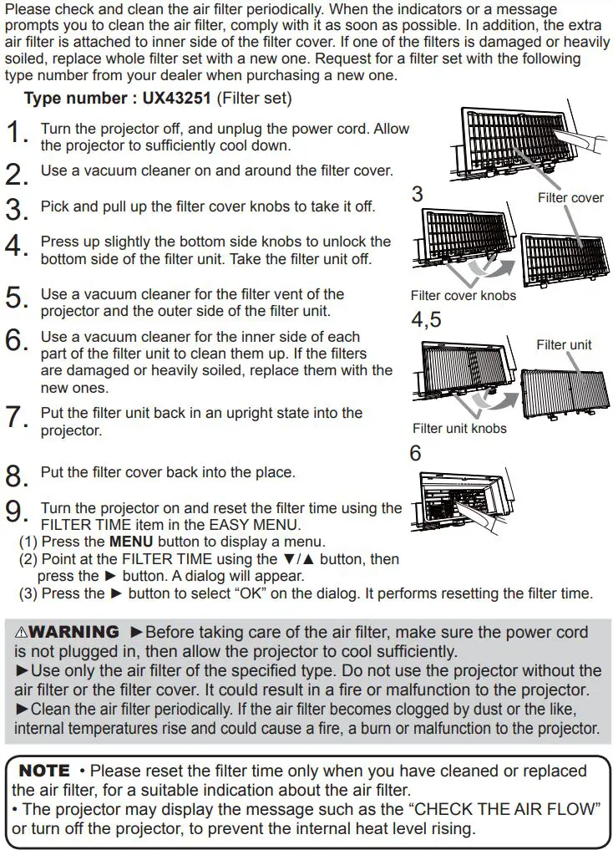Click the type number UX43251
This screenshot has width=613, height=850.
coord(176,99)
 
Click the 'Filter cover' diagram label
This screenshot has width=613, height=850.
coord(570,198)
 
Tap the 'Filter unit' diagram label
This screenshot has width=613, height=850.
coord(564,344)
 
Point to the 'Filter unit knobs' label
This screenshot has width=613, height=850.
coord(459,429)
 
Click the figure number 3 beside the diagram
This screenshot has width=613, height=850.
coord(418,195)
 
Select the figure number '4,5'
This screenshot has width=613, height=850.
coord(427,320)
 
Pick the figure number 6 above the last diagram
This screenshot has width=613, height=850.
coord(415,454)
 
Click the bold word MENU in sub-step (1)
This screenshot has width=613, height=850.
coord(131,542)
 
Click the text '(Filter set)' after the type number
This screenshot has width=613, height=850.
coord(254,99)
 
